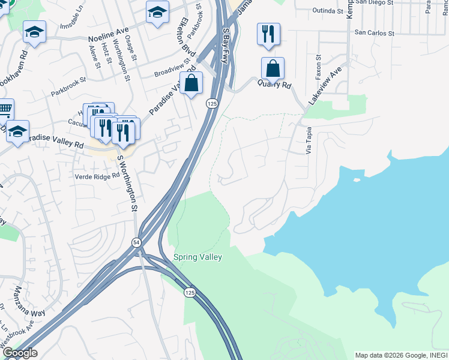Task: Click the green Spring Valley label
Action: [197, 257]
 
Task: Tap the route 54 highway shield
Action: [136, 241]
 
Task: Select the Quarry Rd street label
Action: [275, 85]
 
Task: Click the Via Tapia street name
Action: [309, 140]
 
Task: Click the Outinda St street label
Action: [328, 11]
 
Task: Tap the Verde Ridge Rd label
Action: [97, 176]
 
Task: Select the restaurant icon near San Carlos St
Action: [267, 34]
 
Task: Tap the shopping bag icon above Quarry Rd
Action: [273, 68]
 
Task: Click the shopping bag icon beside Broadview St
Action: [191, 83]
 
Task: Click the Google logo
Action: [20, 353]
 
